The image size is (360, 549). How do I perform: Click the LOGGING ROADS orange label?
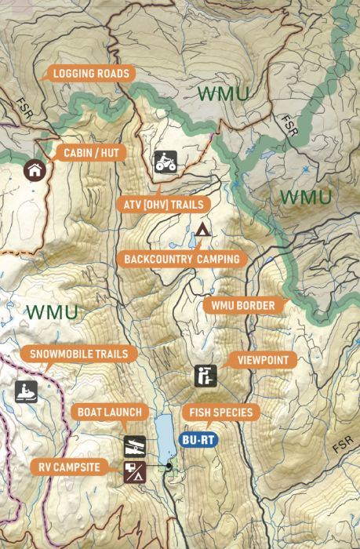[91, 74]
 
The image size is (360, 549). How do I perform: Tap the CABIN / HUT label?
[91, 152]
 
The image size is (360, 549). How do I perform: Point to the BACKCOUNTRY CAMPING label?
[182, 258]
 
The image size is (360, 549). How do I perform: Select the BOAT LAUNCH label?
[109, 412]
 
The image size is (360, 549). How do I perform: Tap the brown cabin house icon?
[34, 169]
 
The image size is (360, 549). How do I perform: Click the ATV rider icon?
[165, 162]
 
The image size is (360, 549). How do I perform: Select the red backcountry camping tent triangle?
[202, 231]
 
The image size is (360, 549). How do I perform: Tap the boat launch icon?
[133, 446]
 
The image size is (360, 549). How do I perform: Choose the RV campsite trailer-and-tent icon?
[133, 471]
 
